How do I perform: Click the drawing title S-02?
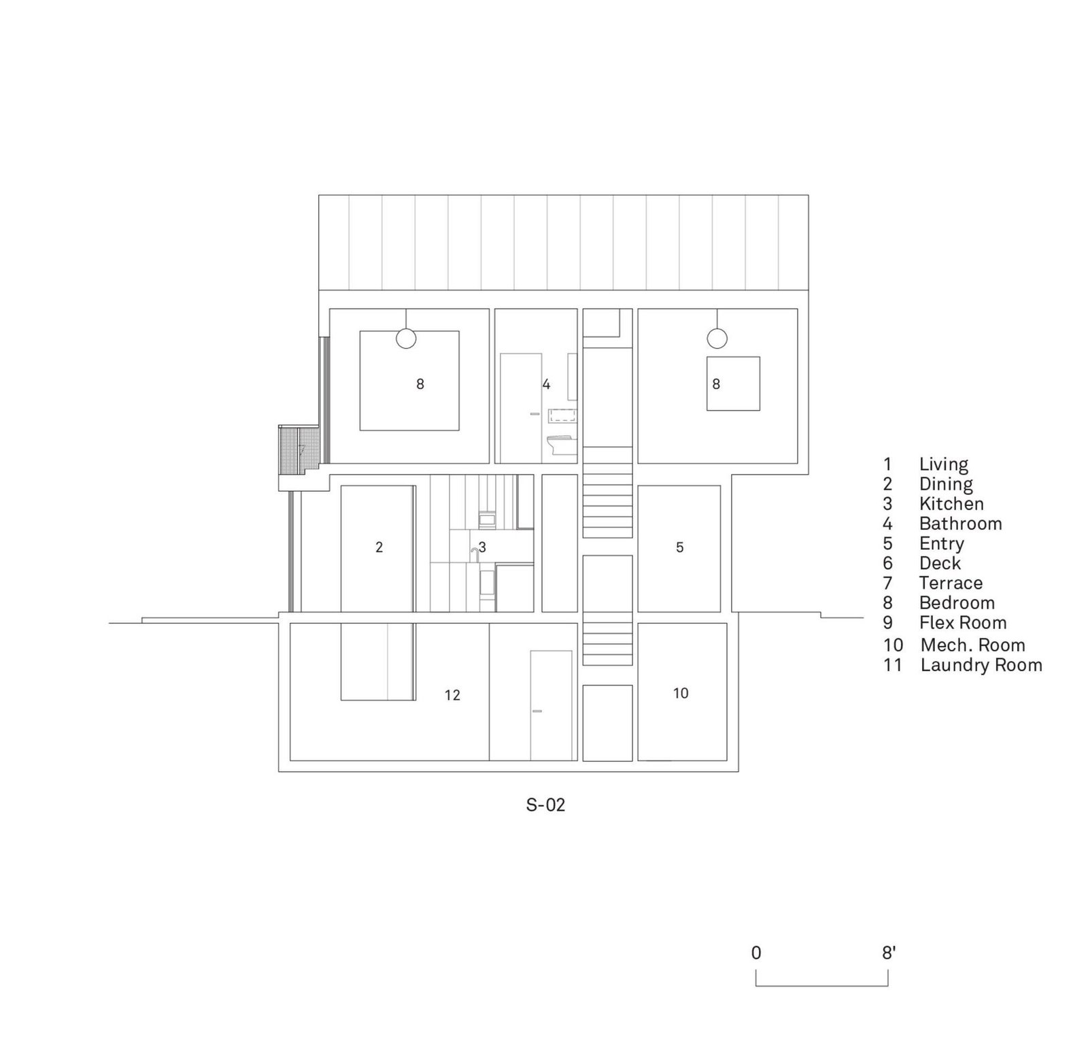point(545,805)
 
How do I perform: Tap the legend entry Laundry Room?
point(981,665)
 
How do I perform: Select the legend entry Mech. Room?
point(972,645)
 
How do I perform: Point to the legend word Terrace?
point(951,583)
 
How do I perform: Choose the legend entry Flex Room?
point(963,622)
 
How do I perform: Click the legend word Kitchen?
point(951,504)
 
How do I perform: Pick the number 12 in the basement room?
point(452,695)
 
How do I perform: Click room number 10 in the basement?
point(681,693)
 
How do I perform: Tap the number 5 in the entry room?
point(679,547)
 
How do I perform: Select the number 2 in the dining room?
point(379,547)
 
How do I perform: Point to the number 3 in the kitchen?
point(482,547)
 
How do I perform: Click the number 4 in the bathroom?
point(546,385)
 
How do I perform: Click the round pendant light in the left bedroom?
point(406,338)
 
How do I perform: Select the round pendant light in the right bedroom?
point(717,338)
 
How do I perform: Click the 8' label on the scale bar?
point(889,953)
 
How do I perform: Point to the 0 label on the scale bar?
point(756,953)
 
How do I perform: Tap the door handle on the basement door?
point(537,711)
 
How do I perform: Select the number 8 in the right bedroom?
point(716,384)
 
